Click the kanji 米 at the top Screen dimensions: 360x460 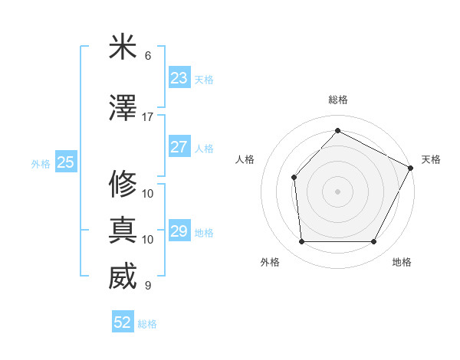coord(123,47)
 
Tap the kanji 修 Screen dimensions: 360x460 coord(123,185)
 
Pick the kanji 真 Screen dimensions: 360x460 coord(123,231)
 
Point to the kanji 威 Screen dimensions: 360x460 coord(123,277)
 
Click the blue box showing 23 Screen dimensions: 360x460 coord(179,77)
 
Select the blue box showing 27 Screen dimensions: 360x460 coord(179,147)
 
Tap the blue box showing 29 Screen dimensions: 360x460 coord(179,231)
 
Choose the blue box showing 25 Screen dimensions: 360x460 coord(65,162)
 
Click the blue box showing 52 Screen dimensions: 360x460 coord(123,322)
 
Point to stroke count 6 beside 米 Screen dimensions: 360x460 coord(148,56)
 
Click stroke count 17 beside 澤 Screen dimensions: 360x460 coord(148,117)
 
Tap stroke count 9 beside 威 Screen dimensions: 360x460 coord(148,286)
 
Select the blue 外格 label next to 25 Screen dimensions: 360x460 coord(41,163)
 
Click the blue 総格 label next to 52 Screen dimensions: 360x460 coord(147,324)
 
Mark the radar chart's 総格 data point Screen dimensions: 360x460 coord(337,130)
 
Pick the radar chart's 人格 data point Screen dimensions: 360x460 coord(294,177)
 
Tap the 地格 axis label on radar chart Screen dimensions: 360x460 coord(402,262)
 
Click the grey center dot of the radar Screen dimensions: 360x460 coord(337,191)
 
